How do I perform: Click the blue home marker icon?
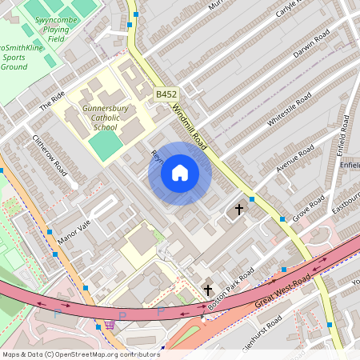180,173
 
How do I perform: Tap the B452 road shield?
166,94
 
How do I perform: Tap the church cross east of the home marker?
238,210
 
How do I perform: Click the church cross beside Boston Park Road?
208,290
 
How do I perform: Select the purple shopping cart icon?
109,324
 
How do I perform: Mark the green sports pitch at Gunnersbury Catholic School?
103,145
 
